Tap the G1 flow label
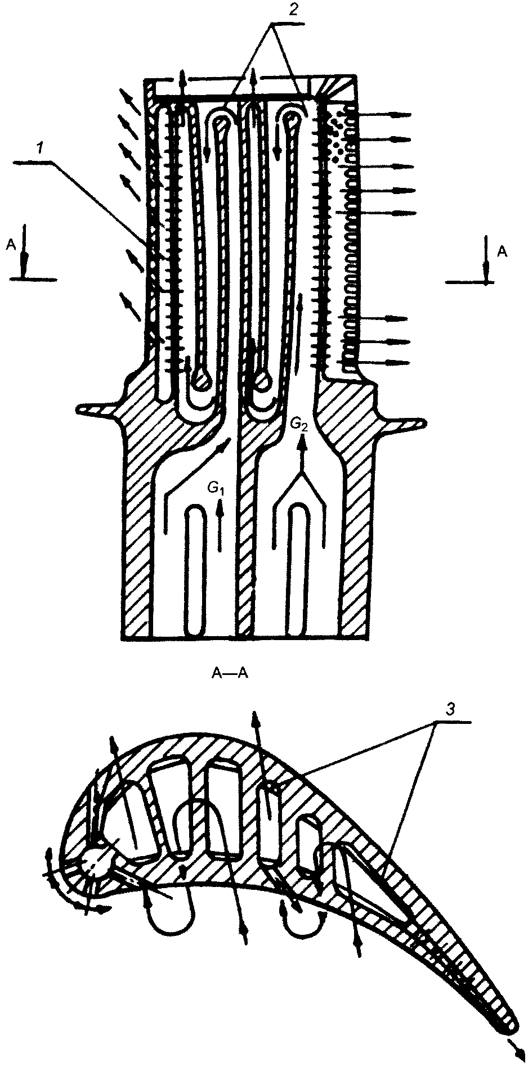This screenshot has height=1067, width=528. tap(216, 490)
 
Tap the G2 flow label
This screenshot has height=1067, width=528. tap(299, 425)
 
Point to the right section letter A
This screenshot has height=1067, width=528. tap(502, 253)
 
